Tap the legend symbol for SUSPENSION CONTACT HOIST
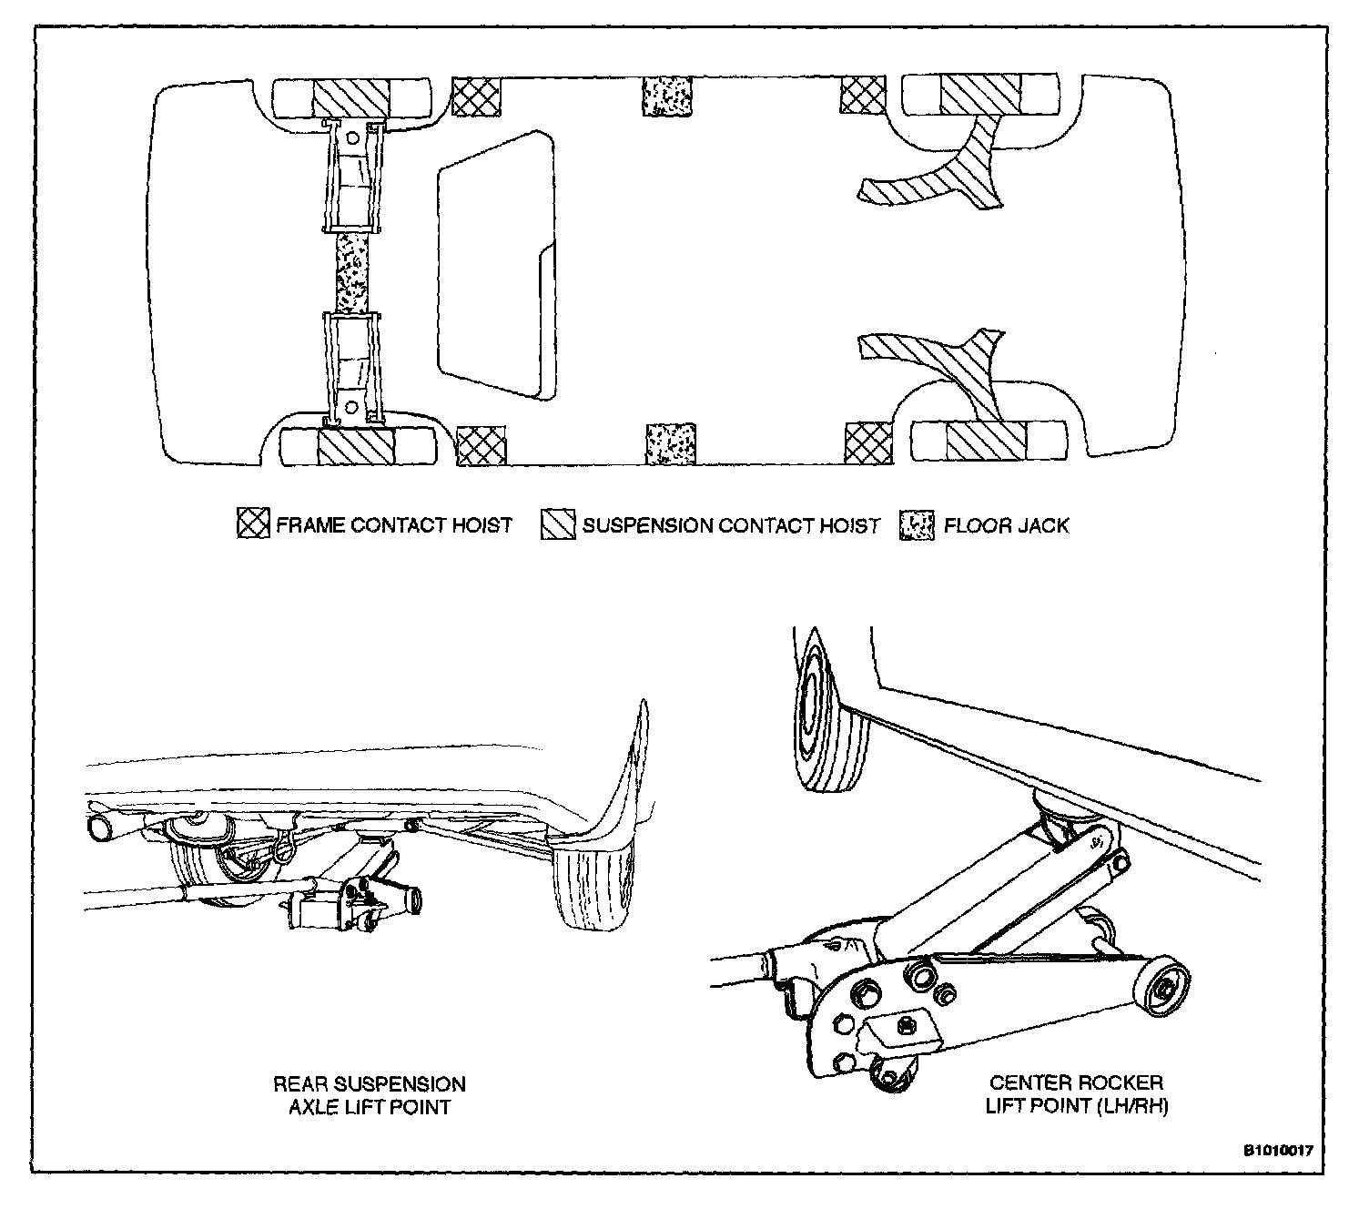(x=558, y=525)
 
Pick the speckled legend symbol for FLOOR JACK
(x=918, y=525)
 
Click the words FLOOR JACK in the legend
(x=1006, y=525)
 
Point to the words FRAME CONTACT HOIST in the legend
(x=394, y=525)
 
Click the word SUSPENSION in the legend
(x=646, y=525)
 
